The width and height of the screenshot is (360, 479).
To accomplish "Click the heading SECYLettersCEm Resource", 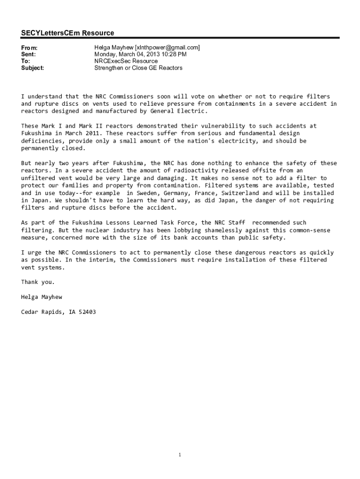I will pyautogui.click(x=67, y=33).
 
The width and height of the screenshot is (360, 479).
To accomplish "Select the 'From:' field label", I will pyautogui.click(x=29, y=48).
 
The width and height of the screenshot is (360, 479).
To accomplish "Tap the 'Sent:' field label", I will pyautogui.click(x=29, y=54).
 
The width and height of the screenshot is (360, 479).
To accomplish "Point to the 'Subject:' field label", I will pyautogui.click(x=33, y=68).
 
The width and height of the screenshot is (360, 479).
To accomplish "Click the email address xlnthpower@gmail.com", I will pyautogui.click(x=167, y=48).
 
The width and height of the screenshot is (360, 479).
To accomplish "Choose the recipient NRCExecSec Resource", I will pyautogui.click(x=126, y=61).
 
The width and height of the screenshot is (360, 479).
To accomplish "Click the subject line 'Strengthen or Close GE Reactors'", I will pyautogui.click(x=138, y=68).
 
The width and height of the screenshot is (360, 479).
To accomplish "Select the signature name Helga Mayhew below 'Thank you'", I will pyautogui.click(x=42, y=297).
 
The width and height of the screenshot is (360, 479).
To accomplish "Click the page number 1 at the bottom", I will pyautogui.click(x=180, y=455).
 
